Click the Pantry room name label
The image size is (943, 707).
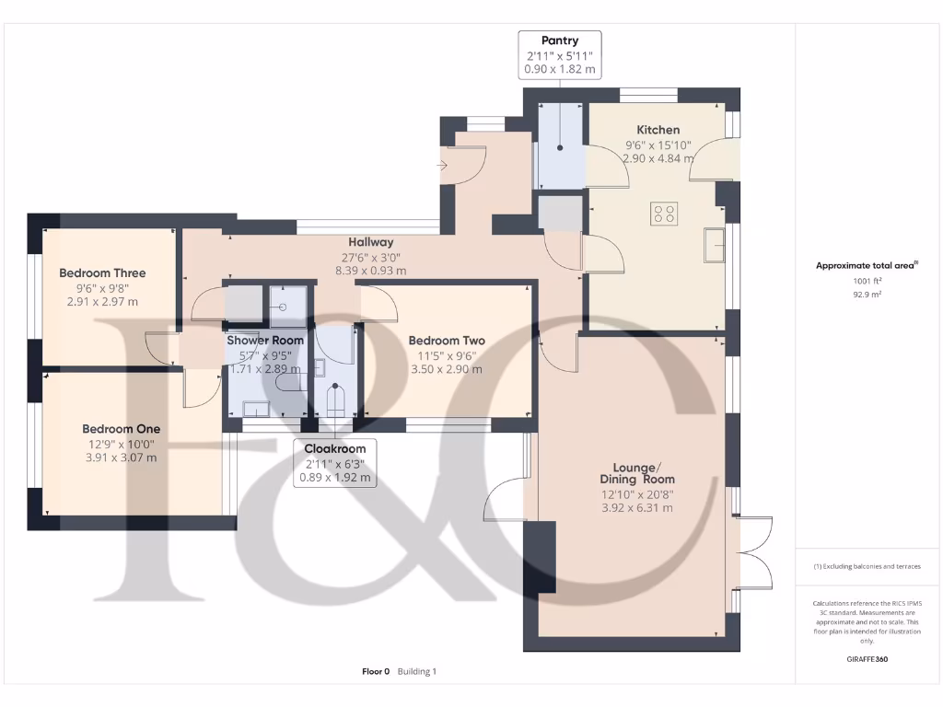tap(560, 41)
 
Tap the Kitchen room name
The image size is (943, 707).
tap(658, 130)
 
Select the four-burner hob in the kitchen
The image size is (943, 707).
tap(664, 214)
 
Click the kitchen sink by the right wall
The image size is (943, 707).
tap(714, 245)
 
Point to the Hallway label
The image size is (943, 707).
tap(370, 242)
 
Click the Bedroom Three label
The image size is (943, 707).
tap(102, 272)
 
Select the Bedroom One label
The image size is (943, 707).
tap(121, 429)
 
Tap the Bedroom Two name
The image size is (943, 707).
tap(447, 341)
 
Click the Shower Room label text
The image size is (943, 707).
tap(264, 341)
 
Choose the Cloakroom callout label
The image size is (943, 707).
tap(335, 449)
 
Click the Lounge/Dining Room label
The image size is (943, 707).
tap(637, 473)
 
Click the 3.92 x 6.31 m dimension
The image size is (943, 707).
tap(637, 508)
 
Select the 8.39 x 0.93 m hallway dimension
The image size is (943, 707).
tap(370, 272)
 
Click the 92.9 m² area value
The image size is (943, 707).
tap(867, 295)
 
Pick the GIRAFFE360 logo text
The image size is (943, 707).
tap(867, 659)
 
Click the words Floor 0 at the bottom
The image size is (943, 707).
tap(376, 671)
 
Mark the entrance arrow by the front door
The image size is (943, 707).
tap(443, 166)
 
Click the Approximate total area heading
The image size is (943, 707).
tap(867, 265)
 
